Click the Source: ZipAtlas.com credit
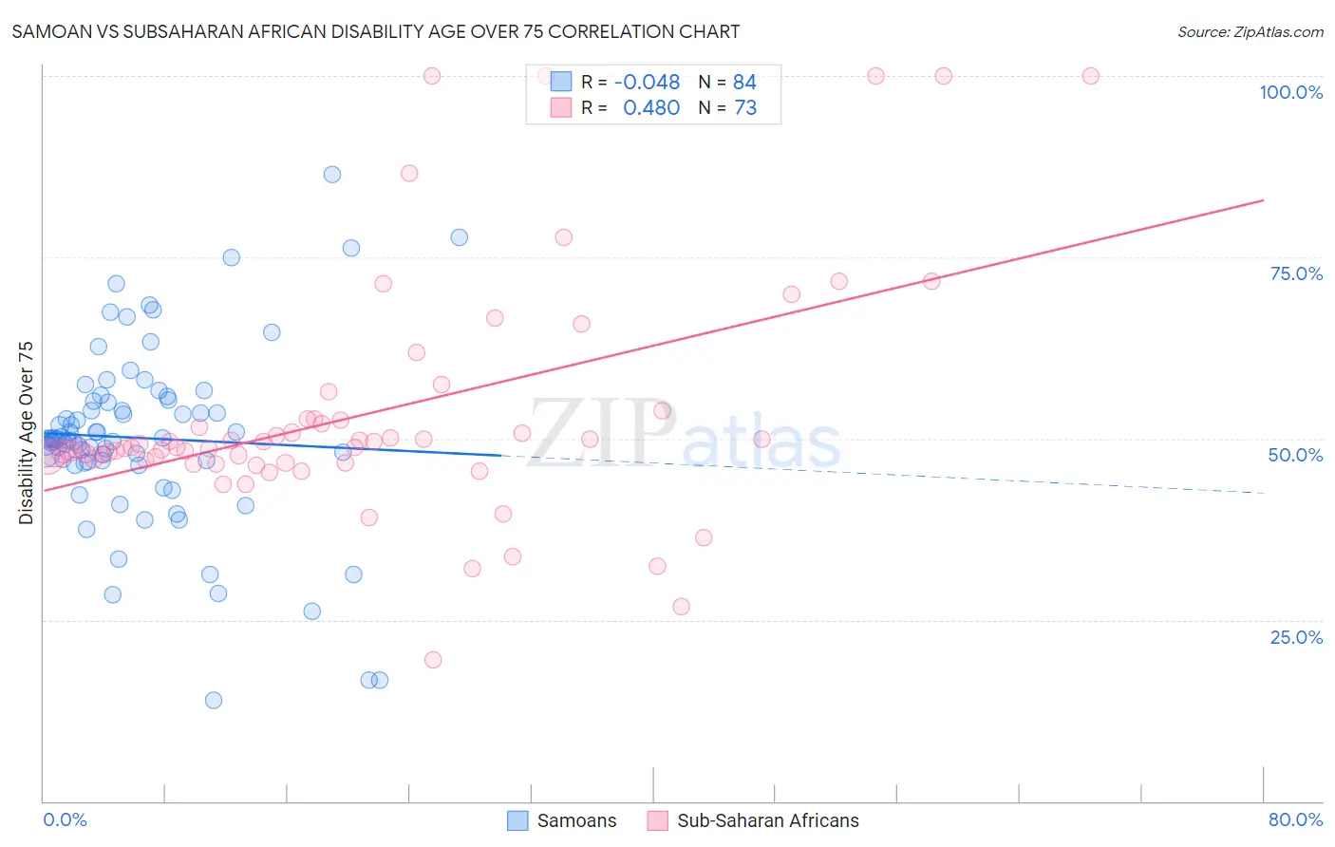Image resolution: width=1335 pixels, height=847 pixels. point(1250,31)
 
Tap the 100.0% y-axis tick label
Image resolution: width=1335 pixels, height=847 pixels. point(1290,92)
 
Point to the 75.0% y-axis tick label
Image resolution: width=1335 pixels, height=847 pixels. point(1296,273)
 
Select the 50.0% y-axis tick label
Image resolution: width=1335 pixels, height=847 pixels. point(1295,455)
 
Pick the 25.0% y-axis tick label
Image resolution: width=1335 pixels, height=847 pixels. point(1296,637)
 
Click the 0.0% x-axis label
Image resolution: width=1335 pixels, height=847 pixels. point(65,819)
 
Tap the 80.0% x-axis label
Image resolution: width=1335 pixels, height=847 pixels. point(1295,819)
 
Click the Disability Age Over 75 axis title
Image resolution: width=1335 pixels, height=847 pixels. point(27,433)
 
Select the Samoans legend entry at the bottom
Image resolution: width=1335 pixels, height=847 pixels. point(562,820)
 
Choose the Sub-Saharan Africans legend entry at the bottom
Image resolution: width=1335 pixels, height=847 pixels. point(753,820)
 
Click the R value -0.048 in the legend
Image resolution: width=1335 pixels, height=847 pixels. point(647,83)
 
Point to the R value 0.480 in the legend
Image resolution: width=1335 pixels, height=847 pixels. point(650,108)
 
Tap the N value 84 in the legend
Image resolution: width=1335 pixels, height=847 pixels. point(744,83)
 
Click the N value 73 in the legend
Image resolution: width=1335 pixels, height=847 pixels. point(745,108)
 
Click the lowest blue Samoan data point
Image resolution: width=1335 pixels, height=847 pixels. point(214,700)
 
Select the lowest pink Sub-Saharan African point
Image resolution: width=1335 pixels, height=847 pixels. point(433,660)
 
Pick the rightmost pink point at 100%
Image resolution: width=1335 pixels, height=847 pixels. point(1090,76)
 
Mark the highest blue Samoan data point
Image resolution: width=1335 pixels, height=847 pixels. point(332,174)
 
